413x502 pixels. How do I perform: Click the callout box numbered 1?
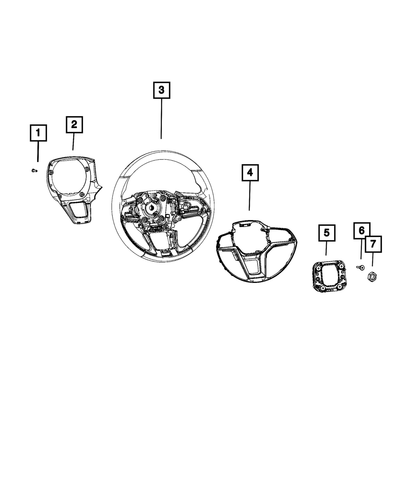(38, 133)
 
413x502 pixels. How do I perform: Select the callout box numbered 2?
(74, 124)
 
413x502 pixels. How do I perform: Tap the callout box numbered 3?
(161, 90)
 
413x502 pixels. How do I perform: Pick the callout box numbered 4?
(250, 172)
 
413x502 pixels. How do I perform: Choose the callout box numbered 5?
(327, 233)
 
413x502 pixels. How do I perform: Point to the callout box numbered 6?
(361, 230)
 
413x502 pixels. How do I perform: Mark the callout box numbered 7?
(373, 244)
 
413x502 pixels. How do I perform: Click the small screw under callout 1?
(35, 170)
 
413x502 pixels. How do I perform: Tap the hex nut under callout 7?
(372, 277)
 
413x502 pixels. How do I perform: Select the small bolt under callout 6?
(361, 268)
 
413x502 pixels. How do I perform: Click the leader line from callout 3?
(161, 119)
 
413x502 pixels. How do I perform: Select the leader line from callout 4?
(249, 196)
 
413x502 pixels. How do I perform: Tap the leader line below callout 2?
(74, 141)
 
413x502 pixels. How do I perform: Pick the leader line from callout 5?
(326, 248)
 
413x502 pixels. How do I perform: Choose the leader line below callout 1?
(38, 151)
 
